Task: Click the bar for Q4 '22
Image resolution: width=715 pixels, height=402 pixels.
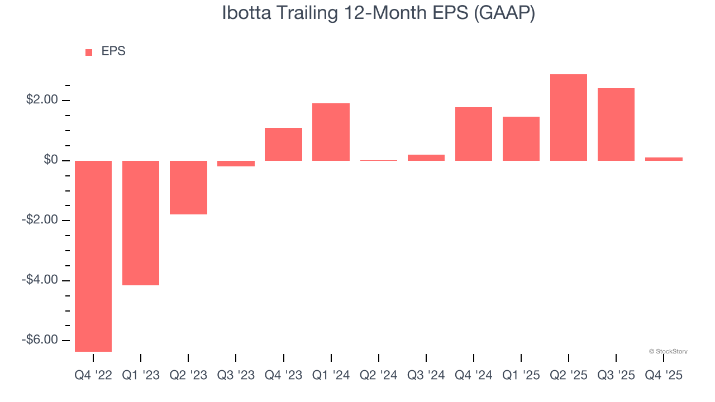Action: tap(93, 256)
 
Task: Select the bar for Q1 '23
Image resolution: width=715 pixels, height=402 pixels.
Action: tap(141, 223)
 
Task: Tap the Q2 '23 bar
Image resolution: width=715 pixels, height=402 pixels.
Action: tap(188, 188)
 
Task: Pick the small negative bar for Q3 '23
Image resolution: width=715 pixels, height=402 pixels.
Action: tap(236, 164)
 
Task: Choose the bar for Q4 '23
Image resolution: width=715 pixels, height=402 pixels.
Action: tap(283, 144)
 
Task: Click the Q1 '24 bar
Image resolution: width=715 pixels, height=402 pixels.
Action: tap(331, 132)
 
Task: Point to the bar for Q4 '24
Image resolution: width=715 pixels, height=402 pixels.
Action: tap(474, 134)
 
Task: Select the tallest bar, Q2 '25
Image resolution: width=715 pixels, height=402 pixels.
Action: tap(569, 117)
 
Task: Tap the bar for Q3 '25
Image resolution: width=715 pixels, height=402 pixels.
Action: tap(616, 125)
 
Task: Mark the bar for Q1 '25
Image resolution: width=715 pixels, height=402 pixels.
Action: tap(521, 138)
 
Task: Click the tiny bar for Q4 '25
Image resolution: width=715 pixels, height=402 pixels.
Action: tap(664, 159)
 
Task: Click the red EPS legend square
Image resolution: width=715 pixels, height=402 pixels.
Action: tap(89, 52)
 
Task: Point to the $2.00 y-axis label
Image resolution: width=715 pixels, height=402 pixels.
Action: tap(42, 100)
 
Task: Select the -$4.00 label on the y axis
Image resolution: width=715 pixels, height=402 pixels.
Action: tap(40, 280)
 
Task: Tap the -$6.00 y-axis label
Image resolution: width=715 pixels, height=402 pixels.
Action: tap(40, 340)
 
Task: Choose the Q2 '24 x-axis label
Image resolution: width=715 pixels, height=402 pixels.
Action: tap(379, 375)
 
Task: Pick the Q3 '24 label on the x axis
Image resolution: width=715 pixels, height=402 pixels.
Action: tap(426, 375)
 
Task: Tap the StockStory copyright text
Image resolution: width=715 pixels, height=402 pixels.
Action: tap(668, 351)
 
